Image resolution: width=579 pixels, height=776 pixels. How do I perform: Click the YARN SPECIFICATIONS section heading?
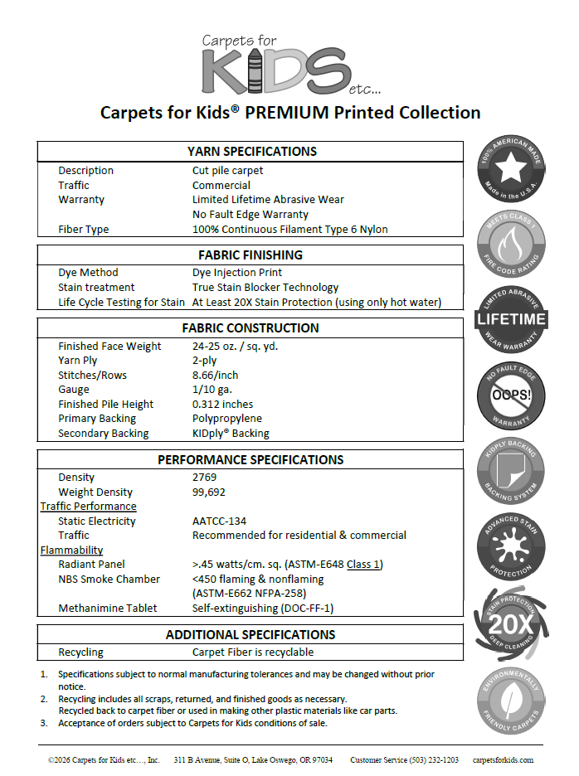pyautogui.click(x=251, y=152)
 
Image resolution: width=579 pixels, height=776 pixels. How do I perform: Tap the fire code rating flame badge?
pyautogui.click(x=510, y=245)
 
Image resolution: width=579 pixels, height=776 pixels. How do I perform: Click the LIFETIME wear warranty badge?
pyautogui.click(x=510, y=319)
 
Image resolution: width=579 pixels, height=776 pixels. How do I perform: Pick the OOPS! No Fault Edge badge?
pyautogui.click(x=510, y=395)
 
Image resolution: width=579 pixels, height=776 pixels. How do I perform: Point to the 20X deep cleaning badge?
pyautogui.click(x=510, y=622)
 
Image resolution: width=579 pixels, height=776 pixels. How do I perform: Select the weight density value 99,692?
pyautogui.click(x=208, y=492)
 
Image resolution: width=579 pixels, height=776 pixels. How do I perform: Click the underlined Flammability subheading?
pyautogui.click(x=72, y=550)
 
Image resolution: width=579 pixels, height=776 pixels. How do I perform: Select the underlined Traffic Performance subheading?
pyautogui.click(x=89, y=507)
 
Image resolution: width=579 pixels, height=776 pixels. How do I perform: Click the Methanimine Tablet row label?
pyautogui.click(x=108, y=609)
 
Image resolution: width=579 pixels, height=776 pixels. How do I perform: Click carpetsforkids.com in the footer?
pyautogui.click(x=503, y=759)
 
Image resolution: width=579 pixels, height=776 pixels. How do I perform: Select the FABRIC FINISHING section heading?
pyautogui.click(x=251, y=255)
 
